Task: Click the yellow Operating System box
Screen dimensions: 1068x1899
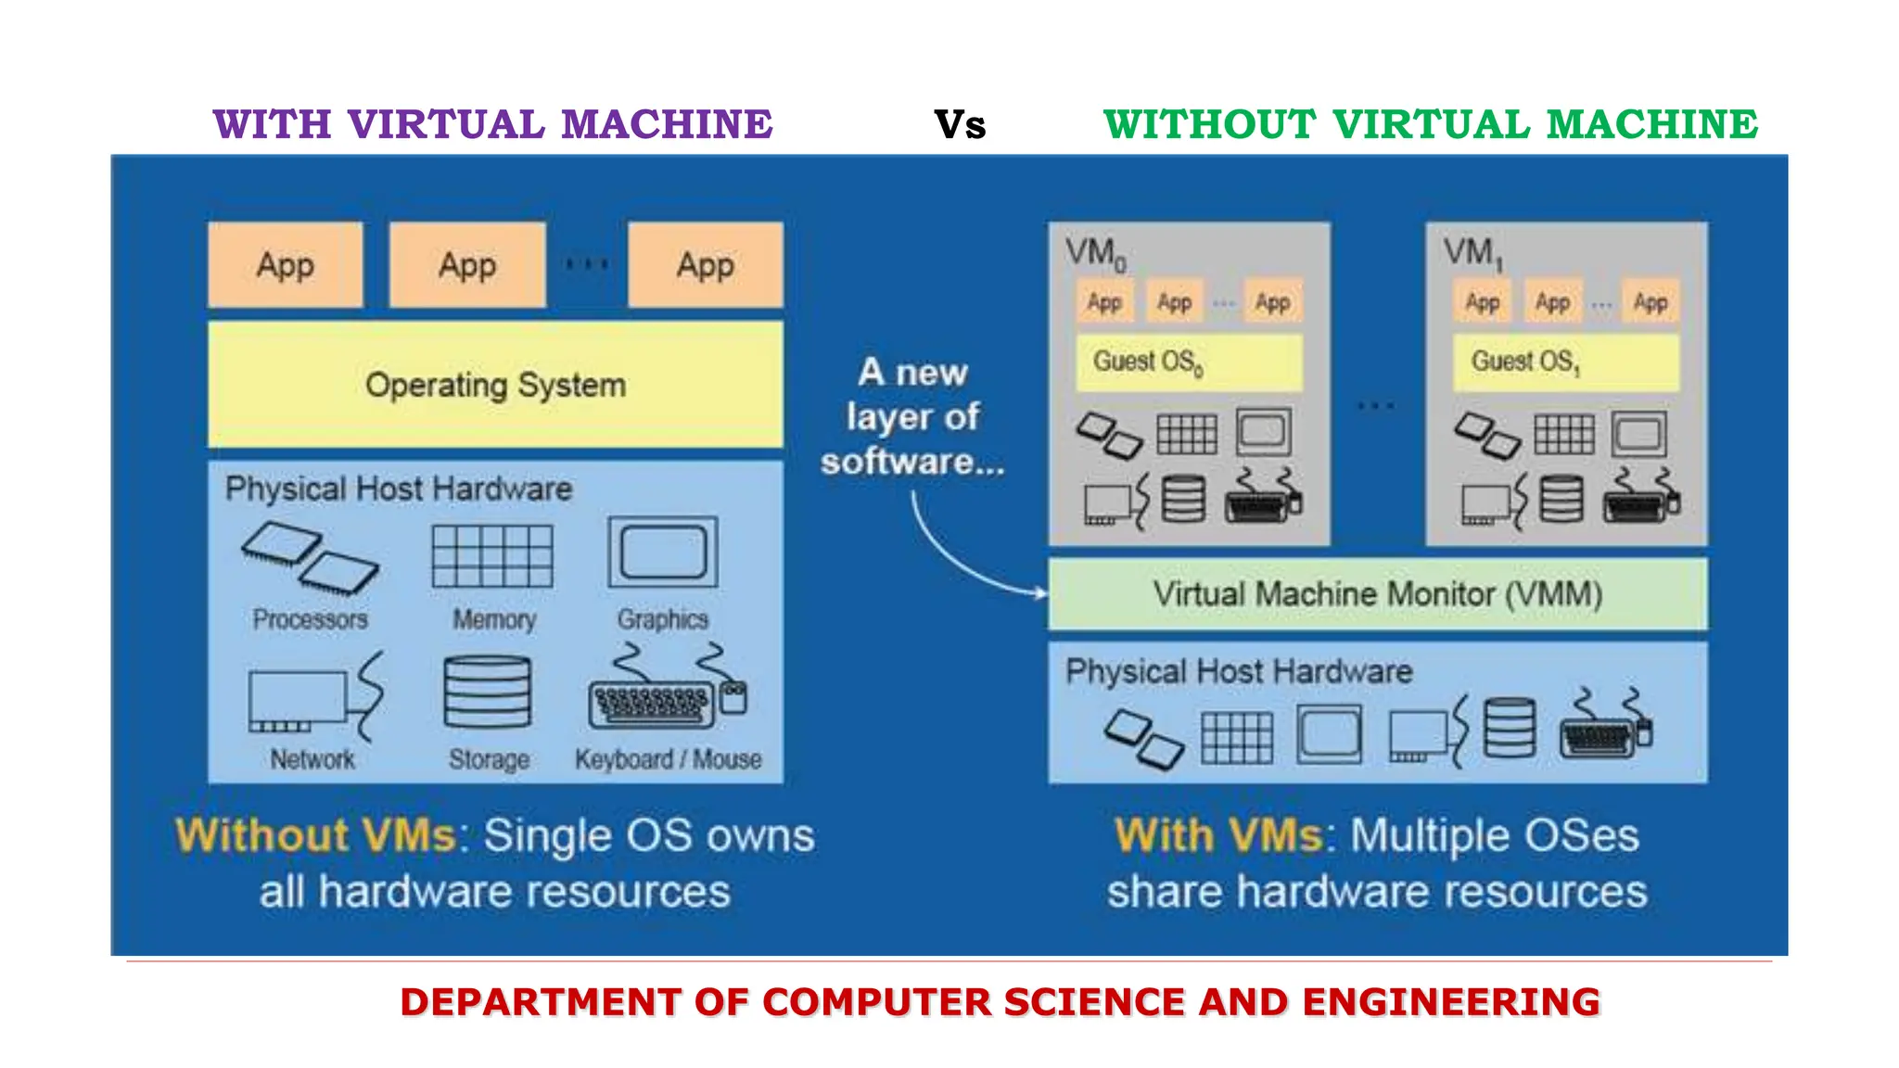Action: pos(495,385)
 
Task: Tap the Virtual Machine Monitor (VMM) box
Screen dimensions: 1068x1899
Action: pos(1377,594)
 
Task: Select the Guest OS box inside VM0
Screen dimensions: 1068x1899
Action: pos(1189,362)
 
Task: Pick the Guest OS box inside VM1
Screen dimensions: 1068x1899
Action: pos(1566,362)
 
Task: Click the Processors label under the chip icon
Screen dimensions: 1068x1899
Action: pos(310,619)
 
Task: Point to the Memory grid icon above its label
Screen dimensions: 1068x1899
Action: pos(492,556)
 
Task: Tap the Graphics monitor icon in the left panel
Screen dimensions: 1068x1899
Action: pos(663,553)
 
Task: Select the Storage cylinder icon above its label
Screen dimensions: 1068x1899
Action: pos(488,693)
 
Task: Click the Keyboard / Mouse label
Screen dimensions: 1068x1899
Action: pos(668,759)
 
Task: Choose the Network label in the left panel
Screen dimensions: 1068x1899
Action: pos(312,760)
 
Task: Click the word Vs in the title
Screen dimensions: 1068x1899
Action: pos(960,125)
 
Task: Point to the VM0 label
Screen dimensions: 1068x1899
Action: pos(1095,253)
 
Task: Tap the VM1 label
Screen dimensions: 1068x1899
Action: pos(1472,253)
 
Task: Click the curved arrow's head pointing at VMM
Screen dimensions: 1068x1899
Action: pos(1042,591)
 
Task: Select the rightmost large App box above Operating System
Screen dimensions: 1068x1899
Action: pos(706,265)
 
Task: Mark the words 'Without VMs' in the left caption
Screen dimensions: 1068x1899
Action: pos(315,835)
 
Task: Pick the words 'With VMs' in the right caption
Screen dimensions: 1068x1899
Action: pos(1219,835)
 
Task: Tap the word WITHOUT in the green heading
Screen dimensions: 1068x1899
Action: pos(1209,125)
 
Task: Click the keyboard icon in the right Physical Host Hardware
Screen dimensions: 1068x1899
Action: pos(1597,737)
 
